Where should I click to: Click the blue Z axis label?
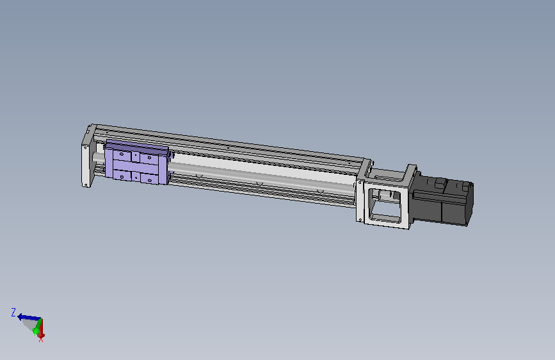click(13, 312)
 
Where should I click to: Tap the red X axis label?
click(41, 340)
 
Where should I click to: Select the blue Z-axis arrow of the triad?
click(29, 317)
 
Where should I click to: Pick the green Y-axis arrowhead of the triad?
click(35, 331)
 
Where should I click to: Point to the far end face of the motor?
click(470, 204)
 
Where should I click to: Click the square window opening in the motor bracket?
click(385, 205)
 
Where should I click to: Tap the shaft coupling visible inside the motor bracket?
click(387, 195)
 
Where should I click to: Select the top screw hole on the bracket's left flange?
click(360, 183)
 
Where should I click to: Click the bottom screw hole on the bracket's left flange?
click(360, 220)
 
